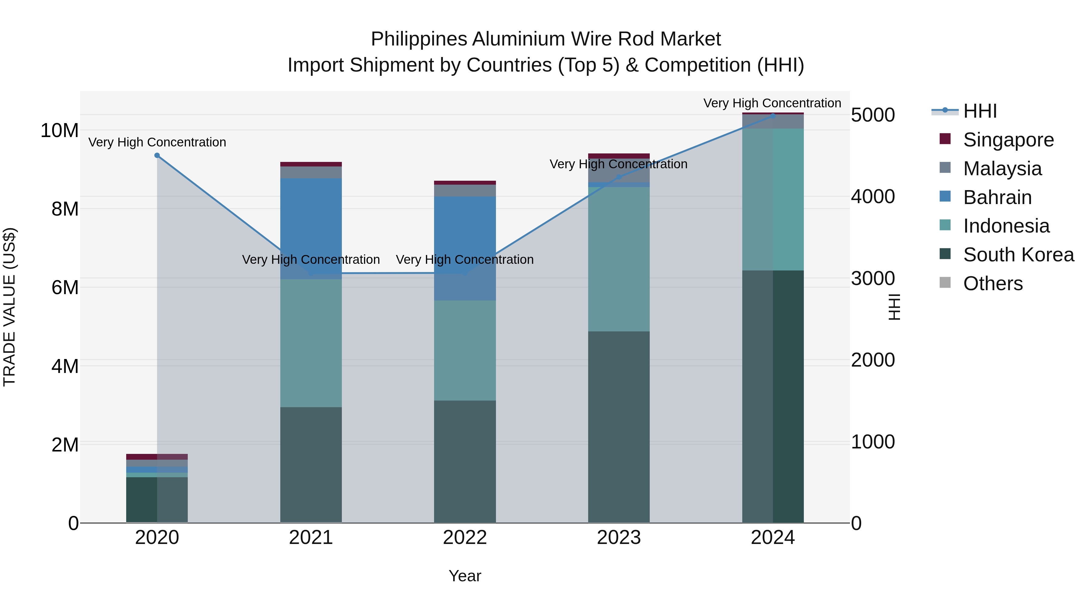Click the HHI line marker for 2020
click(157, 156)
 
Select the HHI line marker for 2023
click(618, 177)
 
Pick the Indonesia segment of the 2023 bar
click(618, 258)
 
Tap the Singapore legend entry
click(1008, 140)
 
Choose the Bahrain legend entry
click(997, 197)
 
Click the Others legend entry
click(993, 284)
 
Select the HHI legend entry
click(980, 111)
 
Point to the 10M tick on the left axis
click(59, 130)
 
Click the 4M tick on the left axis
click(65, 366)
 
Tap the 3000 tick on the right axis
click(873, 278)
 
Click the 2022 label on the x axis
click(465, 538)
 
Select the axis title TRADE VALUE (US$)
click(9, 307)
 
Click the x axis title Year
click(465, 576)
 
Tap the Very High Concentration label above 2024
click(772, 103)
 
